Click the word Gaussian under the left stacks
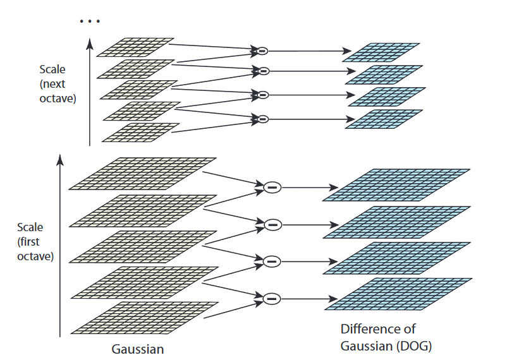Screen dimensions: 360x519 [x=137, y=348]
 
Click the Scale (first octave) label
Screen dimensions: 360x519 [x=35, y=242]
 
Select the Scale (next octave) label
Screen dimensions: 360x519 [x=58, y=84]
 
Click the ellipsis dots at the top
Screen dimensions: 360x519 [x=90, y=21]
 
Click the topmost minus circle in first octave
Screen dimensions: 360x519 [x=272, y=186]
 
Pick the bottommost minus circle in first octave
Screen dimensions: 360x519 [x=272, y=298]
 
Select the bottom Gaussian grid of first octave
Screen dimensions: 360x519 [x=143, y=317]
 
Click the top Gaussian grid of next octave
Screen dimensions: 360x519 [x=135, y=46]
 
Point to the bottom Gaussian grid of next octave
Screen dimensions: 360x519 [x=138, y=132]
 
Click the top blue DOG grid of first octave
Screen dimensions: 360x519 [x=396, y=184]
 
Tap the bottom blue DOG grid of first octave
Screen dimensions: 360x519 [x=396, y=294]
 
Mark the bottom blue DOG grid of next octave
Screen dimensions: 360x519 [x=384, y=119]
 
